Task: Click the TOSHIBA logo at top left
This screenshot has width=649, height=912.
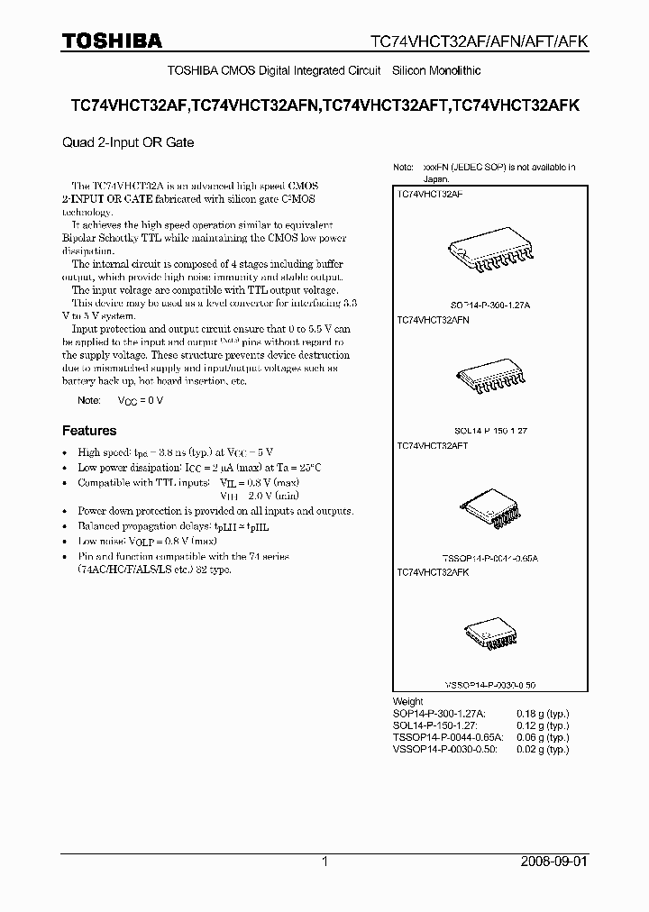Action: tap(112, 41)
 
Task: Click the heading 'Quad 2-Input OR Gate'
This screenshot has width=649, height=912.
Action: tap(128, 142)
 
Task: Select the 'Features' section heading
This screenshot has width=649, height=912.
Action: tap(88, 431)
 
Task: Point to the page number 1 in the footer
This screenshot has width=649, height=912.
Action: tap(324, 862)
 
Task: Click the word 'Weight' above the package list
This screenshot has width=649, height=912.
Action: tap(408, 701)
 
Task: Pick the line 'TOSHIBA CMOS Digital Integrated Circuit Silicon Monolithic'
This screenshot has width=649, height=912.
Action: tap(324, 70)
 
